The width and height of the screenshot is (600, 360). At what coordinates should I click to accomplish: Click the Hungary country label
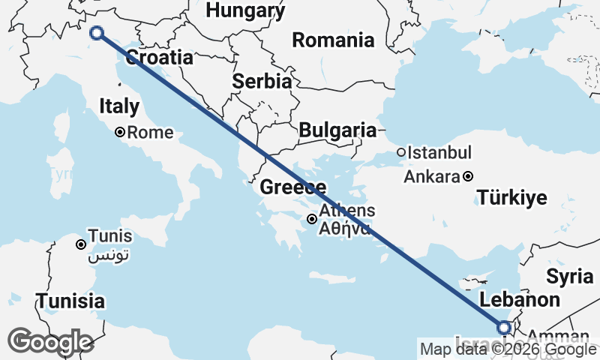point(245,10)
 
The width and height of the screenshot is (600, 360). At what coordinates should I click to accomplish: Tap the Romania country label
point(333,40)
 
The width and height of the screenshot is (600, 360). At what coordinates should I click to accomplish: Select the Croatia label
point(159,58)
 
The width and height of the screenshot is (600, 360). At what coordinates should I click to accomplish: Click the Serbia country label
point(262,82)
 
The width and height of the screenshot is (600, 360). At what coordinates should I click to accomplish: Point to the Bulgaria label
point(337,130)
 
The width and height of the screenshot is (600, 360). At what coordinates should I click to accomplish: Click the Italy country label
point(118,106)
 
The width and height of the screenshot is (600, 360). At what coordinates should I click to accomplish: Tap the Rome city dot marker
point(120,133)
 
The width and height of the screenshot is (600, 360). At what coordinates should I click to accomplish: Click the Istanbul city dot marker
point(401,152)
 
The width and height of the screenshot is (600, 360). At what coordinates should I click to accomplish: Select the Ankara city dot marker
point(468,177)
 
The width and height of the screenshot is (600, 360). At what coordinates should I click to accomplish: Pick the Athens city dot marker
point(311,219)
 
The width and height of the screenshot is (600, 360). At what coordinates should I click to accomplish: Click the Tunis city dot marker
point(81,244)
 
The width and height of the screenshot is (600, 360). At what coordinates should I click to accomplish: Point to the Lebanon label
point(520,300)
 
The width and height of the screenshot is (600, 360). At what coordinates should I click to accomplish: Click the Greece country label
point(292,187)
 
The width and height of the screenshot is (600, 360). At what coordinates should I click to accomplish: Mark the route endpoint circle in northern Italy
point(97,32)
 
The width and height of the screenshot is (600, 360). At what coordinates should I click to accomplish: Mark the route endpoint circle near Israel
point(504,327)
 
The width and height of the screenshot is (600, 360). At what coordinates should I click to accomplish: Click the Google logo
point(50,342)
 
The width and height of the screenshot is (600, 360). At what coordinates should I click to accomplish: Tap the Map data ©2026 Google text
point(508,349)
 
